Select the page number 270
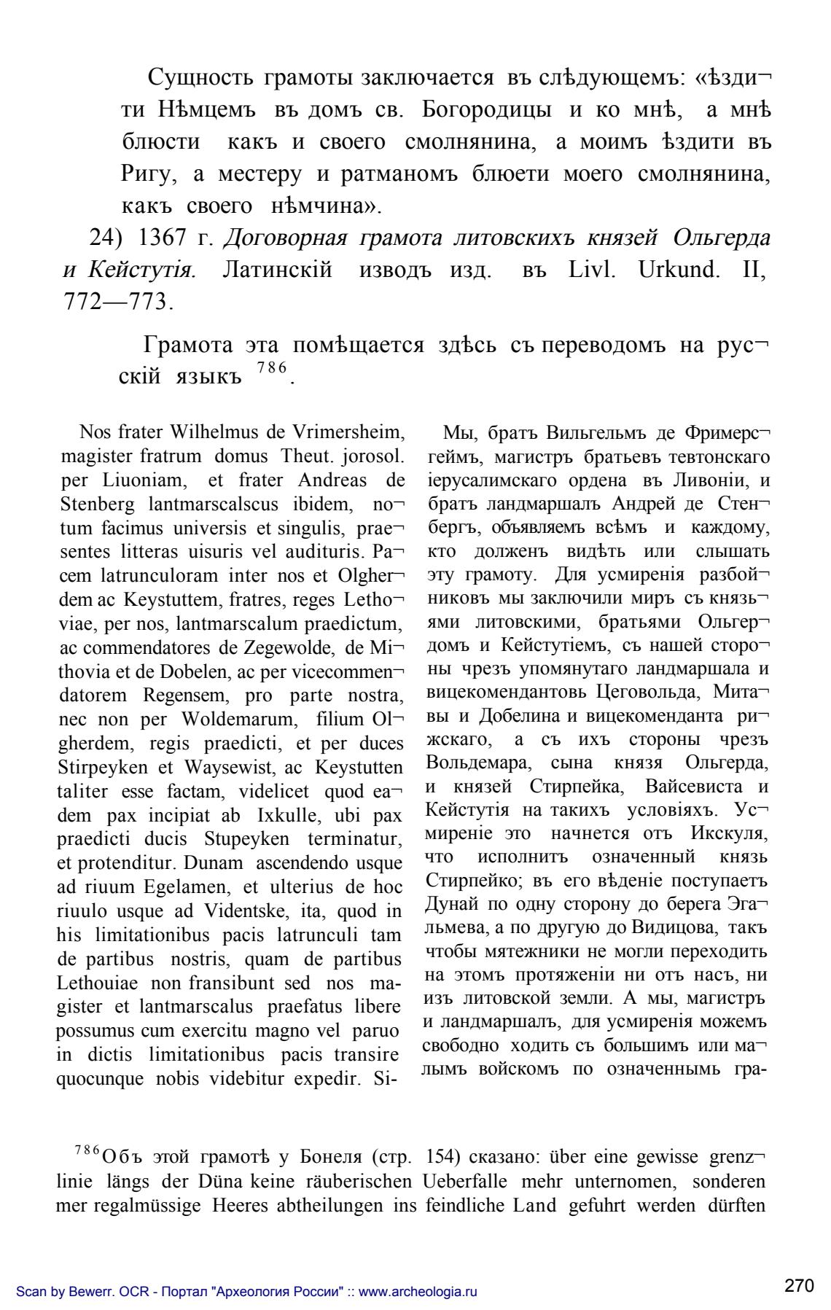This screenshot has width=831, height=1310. click(799, 1286)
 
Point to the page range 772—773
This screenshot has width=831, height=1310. click(115, 301)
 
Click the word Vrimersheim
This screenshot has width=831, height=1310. click(348, 432)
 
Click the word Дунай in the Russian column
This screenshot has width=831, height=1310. click(451, 903)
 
